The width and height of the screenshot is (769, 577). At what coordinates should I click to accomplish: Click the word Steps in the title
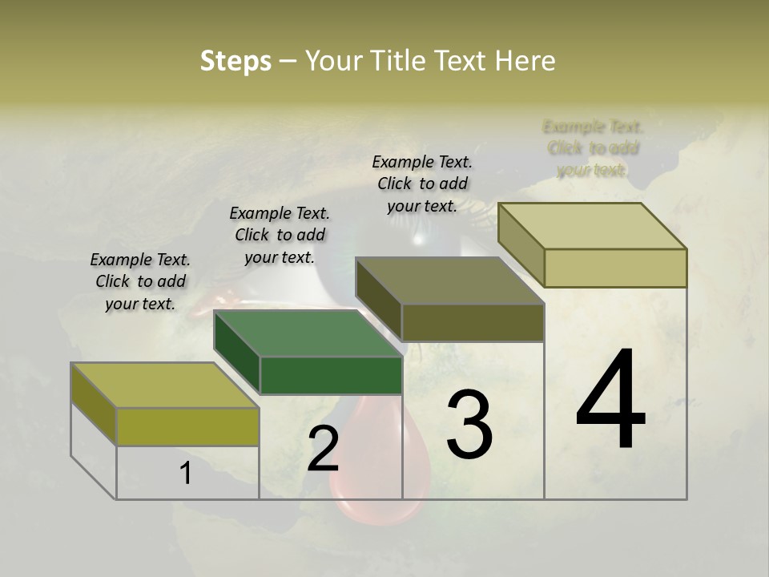click(x=236, y=61)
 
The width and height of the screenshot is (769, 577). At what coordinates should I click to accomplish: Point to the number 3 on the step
click(x=469, y=425)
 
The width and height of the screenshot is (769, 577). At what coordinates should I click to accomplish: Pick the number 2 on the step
click(x=323, y=450)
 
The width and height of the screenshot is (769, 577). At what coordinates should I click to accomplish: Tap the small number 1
click(x=186, y=474)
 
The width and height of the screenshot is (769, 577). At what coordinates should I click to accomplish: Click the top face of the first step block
click(x=164, y=385)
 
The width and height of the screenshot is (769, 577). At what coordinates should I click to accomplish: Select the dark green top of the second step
click(x=308, y=333)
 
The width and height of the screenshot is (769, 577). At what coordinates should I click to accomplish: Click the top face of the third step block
click(x=449, y=280)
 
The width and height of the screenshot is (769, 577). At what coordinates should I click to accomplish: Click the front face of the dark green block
click(x=331, y=375)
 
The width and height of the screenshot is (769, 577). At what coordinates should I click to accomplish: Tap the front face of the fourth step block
click(x=615, y=268)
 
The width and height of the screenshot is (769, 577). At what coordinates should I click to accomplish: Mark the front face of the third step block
click(x=473, y=322)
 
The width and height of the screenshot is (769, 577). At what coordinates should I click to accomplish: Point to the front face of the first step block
click(x=187, y=426)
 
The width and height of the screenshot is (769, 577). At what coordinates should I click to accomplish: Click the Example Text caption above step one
click(x=140, y=281)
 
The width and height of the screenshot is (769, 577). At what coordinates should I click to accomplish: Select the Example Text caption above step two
click(x=280, y=235)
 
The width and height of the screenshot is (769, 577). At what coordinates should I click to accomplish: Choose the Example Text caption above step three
click(x=422, y=184)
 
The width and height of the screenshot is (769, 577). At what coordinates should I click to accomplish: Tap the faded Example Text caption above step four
click(x=593, y=148)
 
